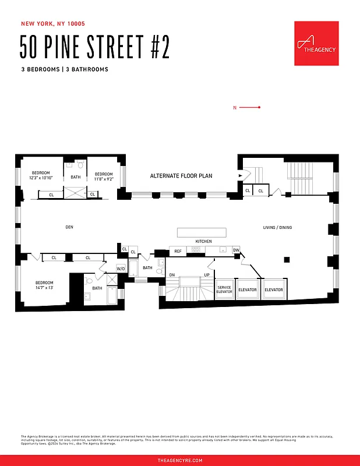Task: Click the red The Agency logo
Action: point(316,44)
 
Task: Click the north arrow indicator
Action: point(246,107)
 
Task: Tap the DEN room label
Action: point(70,227)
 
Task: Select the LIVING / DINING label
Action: point(278,227)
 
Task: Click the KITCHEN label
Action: point(203,241)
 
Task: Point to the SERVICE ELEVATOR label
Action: point(224,290)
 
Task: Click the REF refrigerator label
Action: point(178,251)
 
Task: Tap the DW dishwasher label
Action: point(236,250)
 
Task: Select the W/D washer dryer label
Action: point(121,268)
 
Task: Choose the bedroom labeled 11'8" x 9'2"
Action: point(104,176)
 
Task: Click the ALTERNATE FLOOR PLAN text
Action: point(181,175)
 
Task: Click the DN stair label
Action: point(172,274)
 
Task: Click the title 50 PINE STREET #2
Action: point(95,47)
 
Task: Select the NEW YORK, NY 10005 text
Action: point(53,24)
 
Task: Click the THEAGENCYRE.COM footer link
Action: point(180,460)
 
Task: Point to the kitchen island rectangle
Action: point(202,232)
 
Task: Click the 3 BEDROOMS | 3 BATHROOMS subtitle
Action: point(64,69)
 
